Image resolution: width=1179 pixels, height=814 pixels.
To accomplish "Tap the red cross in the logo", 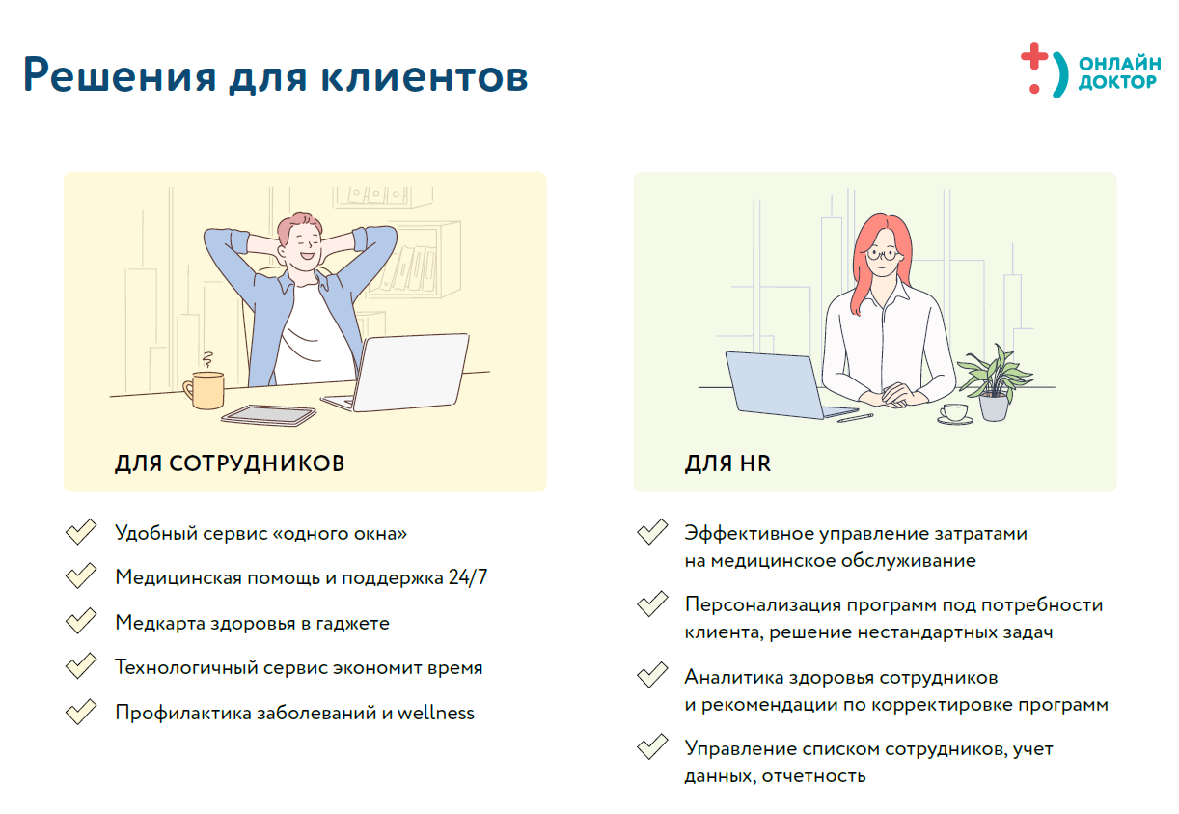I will [1033, 57].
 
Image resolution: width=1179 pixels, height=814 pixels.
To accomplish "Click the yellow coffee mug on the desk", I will [205, 388].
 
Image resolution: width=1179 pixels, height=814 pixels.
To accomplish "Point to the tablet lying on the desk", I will [269, 414].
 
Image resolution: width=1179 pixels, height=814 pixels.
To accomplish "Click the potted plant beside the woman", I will [991, 382].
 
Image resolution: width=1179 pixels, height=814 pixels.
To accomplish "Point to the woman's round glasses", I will [883, 254].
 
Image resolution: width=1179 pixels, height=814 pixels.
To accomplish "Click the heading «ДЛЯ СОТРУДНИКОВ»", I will [230, 463].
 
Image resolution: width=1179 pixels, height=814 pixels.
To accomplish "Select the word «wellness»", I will [436, 713].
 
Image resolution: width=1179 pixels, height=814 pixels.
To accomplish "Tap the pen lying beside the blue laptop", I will [855, 417].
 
